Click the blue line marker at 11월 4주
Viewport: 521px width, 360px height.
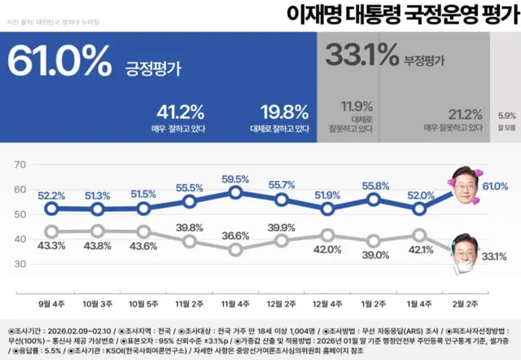point(235,192)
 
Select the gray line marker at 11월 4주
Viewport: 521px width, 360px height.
point(235,248)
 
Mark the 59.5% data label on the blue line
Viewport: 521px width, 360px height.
point(235,178)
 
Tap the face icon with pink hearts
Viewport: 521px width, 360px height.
point(464,187)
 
